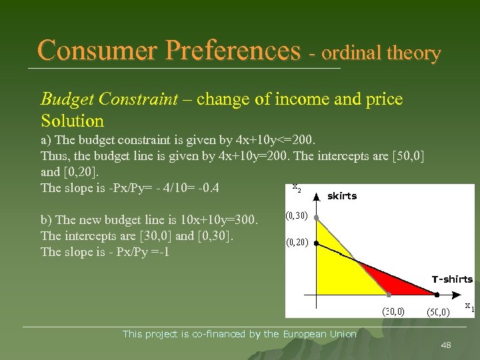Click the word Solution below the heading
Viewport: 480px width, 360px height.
pyautogui.click(x=72, y=121)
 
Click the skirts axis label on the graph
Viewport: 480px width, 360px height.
pyautogui.click(x=342, y=196)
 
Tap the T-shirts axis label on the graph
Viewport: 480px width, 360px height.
pyautogui.click(x=451, y=279)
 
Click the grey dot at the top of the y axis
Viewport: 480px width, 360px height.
pyautogui.click(x=316, y=217)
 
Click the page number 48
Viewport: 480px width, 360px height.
pyautogui.click(x=446, y=345)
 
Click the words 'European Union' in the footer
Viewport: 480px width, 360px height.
pyautogui.click(x=319, y=334)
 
